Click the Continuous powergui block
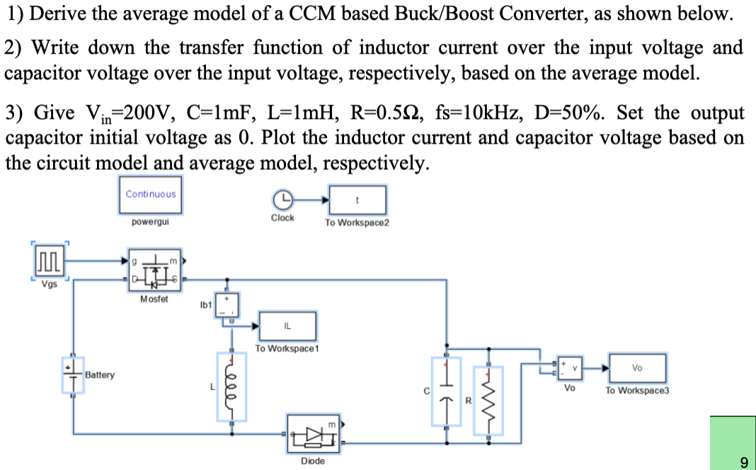[x=151, y=194]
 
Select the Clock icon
[x=282, y=199]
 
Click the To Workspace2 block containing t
[x=357, y=200]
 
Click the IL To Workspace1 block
[x=287, y=326]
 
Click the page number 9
[x=743, y=463]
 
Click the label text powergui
[x=151, y=222]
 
